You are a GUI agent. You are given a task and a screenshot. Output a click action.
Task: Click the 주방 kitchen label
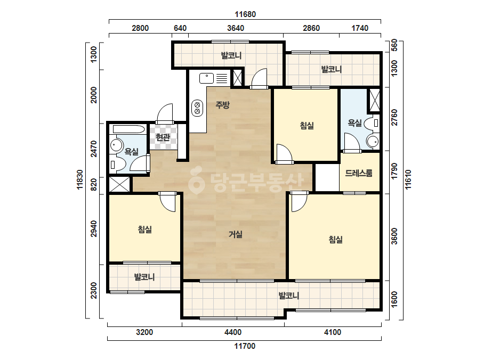222,105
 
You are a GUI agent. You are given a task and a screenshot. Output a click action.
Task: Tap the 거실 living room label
235,234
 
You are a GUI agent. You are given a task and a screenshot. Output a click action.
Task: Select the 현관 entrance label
163,137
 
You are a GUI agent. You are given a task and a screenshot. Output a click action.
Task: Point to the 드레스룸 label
359,173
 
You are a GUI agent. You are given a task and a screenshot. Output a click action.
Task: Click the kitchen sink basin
206,78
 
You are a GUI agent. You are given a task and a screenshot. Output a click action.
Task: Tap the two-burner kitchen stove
197,108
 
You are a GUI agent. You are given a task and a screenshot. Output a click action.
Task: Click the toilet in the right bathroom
373,123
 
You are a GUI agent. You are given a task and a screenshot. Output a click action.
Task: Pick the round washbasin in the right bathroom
373,142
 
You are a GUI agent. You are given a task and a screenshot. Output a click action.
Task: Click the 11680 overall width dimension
245,14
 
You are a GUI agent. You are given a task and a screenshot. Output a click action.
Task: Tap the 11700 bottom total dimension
245,346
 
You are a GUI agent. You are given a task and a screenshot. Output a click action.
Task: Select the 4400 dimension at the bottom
233,332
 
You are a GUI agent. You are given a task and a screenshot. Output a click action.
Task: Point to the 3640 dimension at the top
236,28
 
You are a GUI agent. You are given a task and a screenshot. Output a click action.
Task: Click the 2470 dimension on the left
93,149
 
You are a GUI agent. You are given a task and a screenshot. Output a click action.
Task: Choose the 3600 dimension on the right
394,236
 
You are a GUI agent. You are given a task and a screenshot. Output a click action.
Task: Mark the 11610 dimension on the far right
408,179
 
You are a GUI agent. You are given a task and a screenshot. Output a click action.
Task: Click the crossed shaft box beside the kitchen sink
238,78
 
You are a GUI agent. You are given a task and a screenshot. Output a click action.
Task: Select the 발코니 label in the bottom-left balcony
144,277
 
